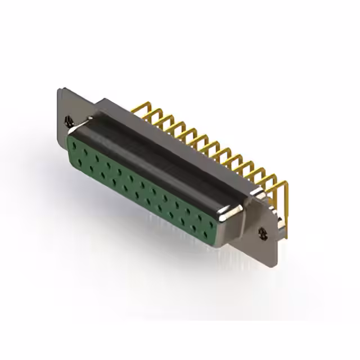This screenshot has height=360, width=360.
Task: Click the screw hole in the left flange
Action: (x=69, y=120)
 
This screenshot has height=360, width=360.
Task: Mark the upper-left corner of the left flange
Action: (x=60, y=88)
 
